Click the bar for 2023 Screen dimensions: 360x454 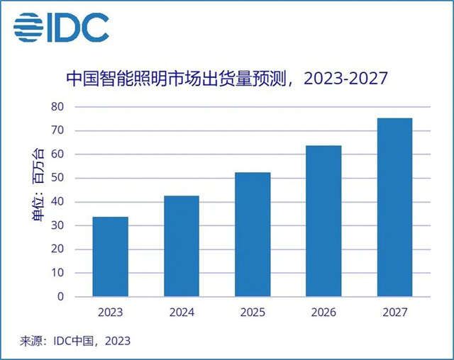tap(111, 257)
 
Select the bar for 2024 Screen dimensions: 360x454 tap(182, 246)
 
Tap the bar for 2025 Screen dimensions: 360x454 tap(253, 235)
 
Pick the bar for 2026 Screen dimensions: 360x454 tap(323, 221)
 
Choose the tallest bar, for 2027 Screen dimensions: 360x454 tap(394, 207)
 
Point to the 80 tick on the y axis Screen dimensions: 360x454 tap(57, 107)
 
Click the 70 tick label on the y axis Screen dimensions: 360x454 tap(57, 130)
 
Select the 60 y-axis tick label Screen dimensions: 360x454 tap(57, 154)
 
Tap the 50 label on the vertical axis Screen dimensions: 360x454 tap(57, 178)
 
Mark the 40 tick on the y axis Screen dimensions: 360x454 tap(57, 202)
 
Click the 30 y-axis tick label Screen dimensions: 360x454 tap(57, 225)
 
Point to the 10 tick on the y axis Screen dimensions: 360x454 tap(57, 273)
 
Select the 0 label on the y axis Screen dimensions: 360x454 tap(60, 297)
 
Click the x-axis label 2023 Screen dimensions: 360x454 tap(111, 313)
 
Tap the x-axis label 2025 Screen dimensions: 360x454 tap(253, 313)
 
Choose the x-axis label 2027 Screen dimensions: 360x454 tap(394, 313)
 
